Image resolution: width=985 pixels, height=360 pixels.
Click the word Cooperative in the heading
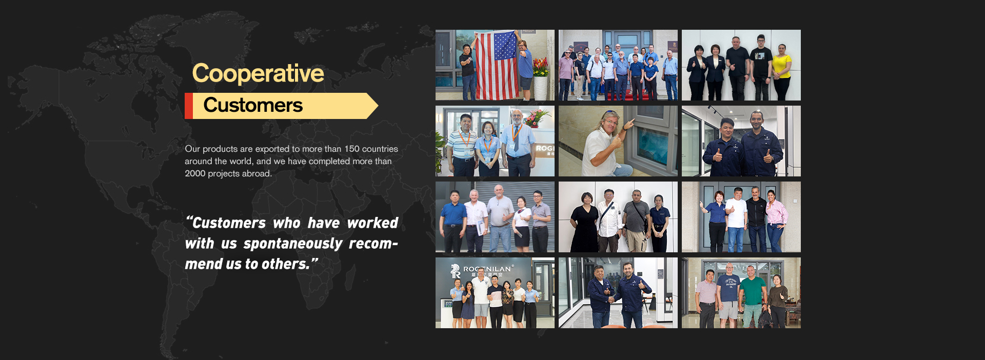[258, 73]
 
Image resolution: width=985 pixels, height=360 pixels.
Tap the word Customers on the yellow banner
[253, 105]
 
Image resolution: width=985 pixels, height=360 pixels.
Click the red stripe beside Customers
[189, 106]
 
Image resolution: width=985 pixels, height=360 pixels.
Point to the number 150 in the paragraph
[352, 149]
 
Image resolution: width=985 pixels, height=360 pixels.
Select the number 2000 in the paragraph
[195, 173]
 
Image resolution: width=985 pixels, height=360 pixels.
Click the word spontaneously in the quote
[293, 244]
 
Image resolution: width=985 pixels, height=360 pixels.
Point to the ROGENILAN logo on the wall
[482, 270]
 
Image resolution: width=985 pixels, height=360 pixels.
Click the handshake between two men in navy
[610, 299]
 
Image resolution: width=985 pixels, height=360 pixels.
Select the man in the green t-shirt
[752, 297]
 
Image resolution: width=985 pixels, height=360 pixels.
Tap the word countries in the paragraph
[380, 149]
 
